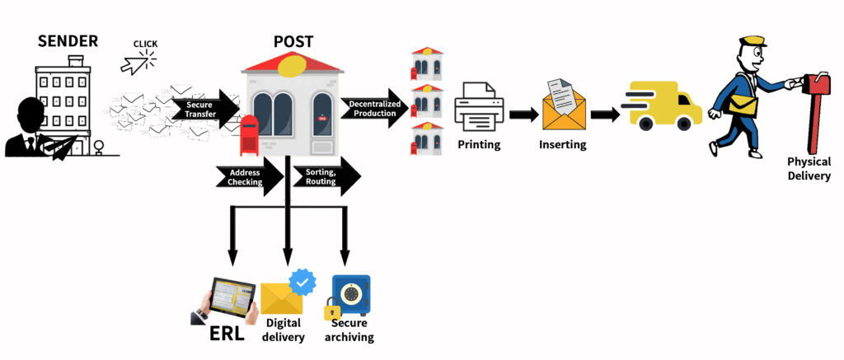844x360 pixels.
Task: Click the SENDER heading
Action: click(68, 40)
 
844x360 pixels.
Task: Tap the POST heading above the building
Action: click(293, 42)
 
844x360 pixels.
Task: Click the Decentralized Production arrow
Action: click(374, 109)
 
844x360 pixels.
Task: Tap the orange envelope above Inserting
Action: click(563, 108)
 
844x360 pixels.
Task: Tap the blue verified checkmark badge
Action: click(302, 282)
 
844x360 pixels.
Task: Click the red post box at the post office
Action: click(248, 135)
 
